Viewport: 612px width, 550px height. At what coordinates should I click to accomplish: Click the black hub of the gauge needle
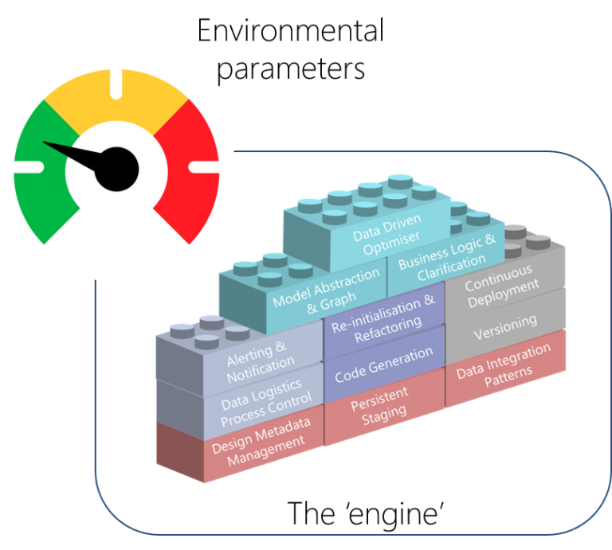118,168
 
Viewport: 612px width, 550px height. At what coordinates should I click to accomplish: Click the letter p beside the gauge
224,72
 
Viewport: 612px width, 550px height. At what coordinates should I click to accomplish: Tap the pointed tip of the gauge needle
45,144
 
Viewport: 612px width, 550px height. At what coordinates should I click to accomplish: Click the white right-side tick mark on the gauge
204,166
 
